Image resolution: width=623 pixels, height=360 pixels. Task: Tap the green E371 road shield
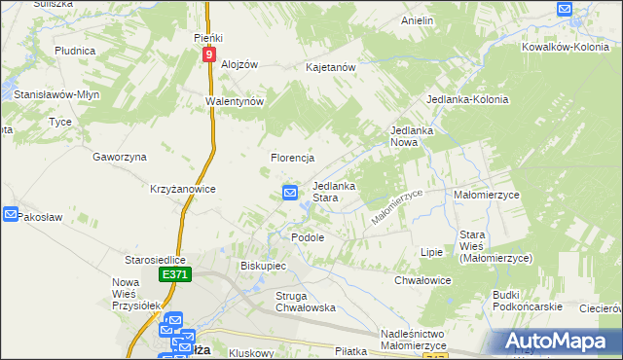point(175,276)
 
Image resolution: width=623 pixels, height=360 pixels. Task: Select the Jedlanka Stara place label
point(333,192)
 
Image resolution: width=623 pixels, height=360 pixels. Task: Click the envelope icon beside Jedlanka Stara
point(290,193)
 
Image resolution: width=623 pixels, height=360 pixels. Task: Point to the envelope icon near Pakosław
point(10,214)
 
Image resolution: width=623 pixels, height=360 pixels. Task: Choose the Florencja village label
point(291,158)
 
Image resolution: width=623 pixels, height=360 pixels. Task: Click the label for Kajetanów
point(331,67)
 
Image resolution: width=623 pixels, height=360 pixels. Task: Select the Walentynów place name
point(235,101)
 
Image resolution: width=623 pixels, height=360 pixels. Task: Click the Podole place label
point(308,236)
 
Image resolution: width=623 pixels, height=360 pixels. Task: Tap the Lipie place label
point(431,252)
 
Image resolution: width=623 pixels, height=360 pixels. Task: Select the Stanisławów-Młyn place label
point(56,94)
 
